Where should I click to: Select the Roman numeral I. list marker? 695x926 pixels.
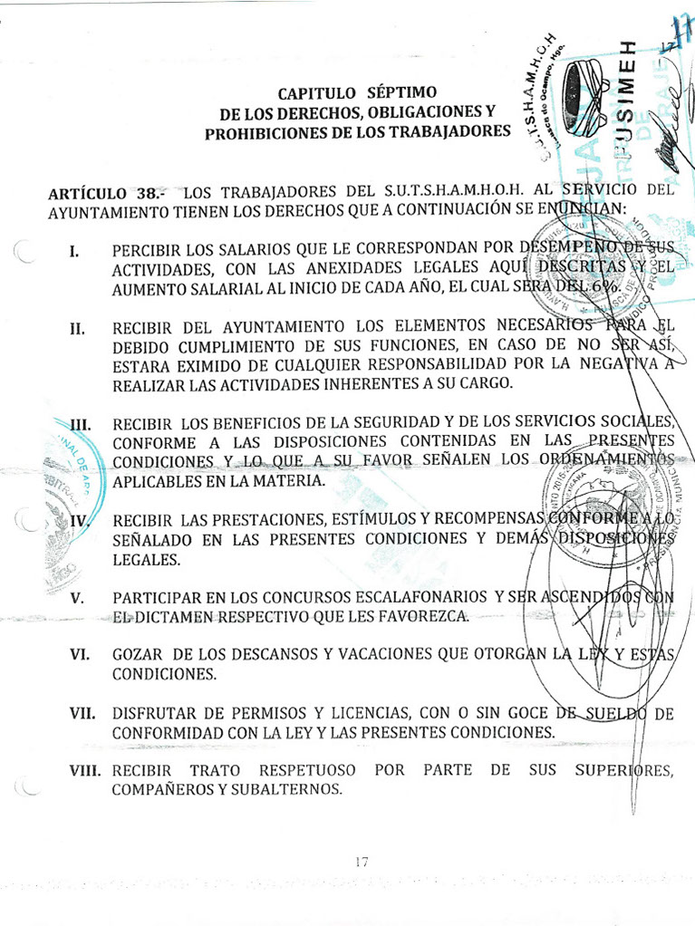pos(76,250)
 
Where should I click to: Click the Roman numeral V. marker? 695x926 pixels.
pos(77,598)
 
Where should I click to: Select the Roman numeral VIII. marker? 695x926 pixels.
pos(87,771)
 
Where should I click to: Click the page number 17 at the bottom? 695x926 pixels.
pos(362,862)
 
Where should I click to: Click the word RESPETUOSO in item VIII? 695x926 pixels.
pos(307,771)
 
